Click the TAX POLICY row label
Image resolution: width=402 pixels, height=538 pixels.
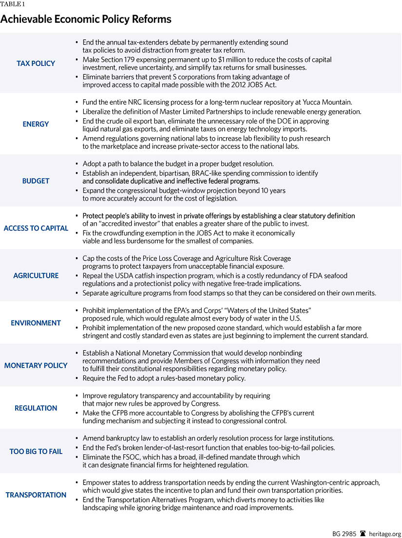click(x=36, y=63)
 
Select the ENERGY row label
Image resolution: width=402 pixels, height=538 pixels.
click(x=36, y=124)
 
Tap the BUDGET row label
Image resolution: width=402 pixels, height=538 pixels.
click(x=36, y=181)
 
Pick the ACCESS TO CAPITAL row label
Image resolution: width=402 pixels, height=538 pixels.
click(x=36, y=228)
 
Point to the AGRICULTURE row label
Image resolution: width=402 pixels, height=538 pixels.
click(x=36, y=275)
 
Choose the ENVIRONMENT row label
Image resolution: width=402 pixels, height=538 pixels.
click(x=36, y=323)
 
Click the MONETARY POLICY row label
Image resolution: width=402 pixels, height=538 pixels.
click(x=36, y=365)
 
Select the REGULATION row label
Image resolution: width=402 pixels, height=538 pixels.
click(x=36, y=408)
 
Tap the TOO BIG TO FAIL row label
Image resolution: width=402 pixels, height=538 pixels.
click(x=36, y=451)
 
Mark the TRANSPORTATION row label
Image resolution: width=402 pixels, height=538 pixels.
click(x=36, y=495)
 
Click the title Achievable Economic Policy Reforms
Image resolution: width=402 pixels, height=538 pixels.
click(x=86, y=19)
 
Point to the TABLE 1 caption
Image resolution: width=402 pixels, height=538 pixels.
click(x=12, y=4)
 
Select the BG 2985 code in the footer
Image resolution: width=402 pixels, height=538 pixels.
click(x=344, y=533)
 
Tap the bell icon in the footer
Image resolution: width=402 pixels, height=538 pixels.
click(x=363, y=533)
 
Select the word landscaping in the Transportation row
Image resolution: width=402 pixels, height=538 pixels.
click(x=102, y=508)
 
